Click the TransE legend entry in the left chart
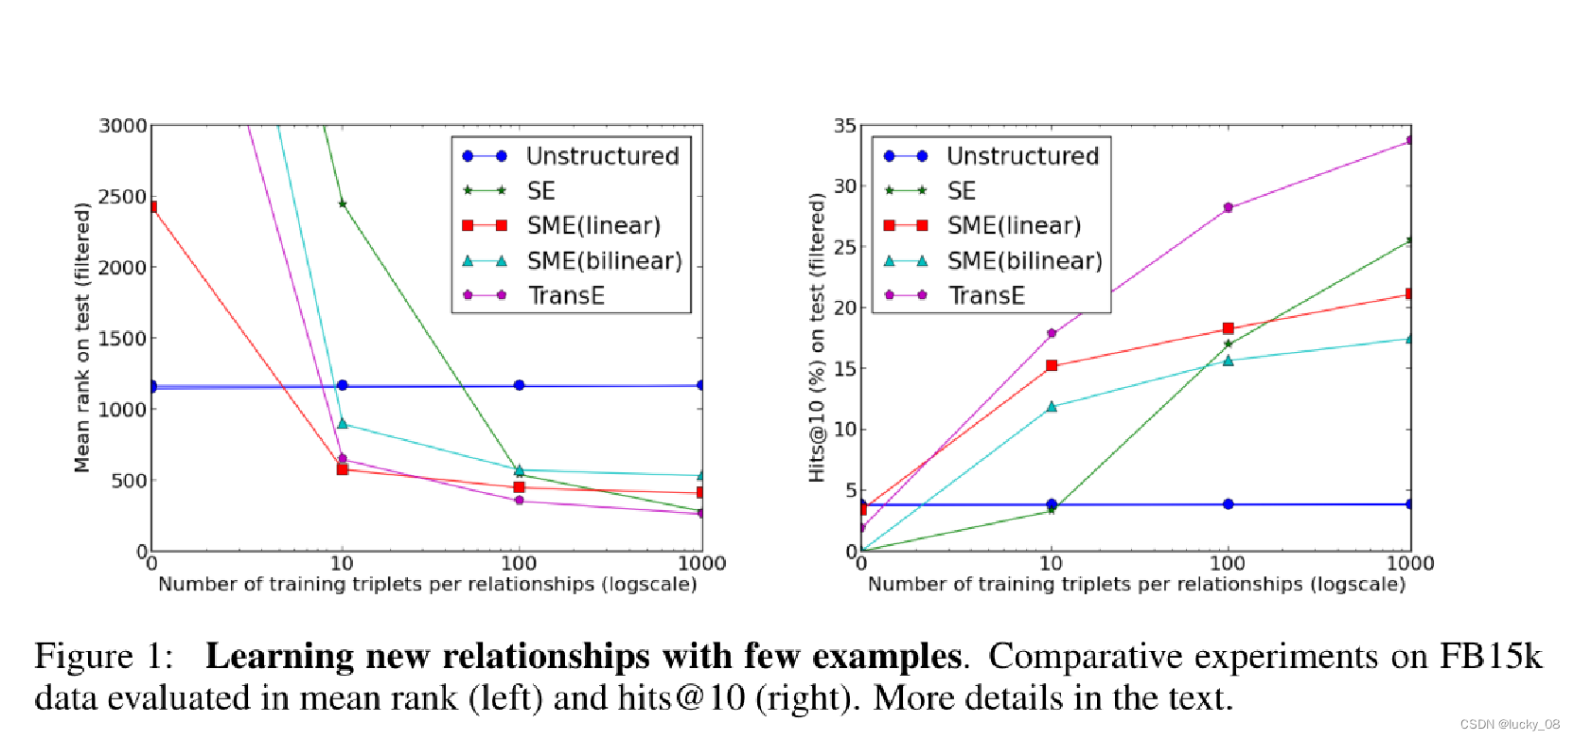click(x=565, y=295)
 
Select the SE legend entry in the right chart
click(x=961, y=190)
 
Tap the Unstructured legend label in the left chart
click(x=602, y=155)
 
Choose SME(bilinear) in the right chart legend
click(x=1024, y=260)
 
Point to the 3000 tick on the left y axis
click(x=123, y=126)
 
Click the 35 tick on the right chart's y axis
click(x=844, y=126)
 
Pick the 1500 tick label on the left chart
click(x=123, y=338)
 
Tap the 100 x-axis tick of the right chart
click(x=1228, y=563)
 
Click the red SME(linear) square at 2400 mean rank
click(x=151, y=206)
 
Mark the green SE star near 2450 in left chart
click(x=342, y=203)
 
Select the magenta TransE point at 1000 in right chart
click(x=1409, y=140)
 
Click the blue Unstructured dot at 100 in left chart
click(x=519, y=385)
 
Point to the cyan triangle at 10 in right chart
click(x=1051, y=407)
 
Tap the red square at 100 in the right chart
click(x=1228, y=328)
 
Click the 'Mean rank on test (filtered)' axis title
click(x=82, y=338)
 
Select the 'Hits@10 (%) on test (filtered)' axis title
click(x=817, y=338)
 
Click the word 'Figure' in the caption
click(x=83, y=656)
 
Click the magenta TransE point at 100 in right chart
click(x=1228, y=207)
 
